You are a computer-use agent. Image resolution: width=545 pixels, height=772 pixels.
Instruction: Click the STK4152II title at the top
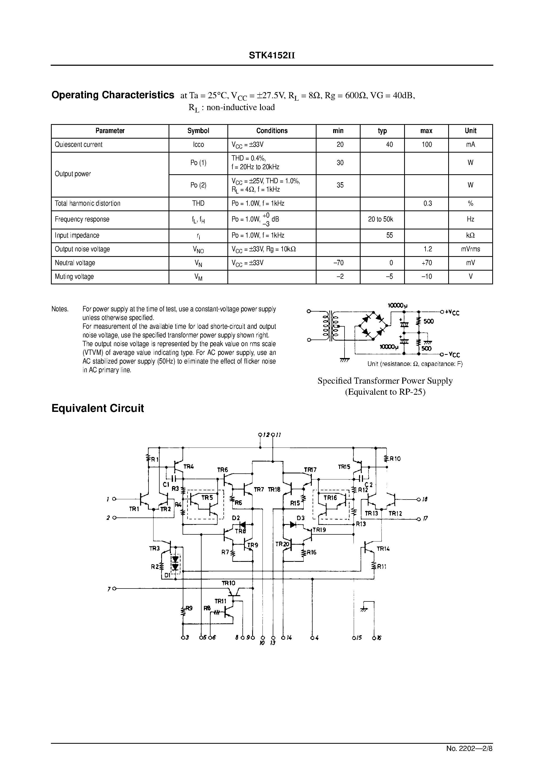point(271,55)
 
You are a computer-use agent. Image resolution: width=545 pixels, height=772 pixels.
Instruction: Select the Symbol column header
point(198,131)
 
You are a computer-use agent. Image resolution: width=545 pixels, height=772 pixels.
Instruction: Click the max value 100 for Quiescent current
point(427,145)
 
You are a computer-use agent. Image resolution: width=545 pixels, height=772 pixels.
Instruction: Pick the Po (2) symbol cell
point(198,185)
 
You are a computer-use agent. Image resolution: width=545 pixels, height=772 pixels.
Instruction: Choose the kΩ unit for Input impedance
point(470,235)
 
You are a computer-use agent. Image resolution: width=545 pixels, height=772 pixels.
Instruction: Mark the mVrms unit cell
point(470,249)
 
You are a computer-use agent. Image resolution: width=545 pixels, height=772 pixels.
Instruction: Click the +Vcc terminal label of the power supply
point(452,312)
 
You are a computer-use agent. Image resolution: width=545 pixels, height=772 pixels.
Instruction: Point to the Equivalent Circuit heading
point(97,408)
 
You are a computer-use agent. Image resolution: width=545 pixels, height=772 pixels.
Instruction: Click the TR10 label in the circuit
point(228,583)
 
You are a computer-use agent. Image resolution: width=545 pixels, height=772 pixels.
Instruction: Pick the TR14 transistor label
point(383,549)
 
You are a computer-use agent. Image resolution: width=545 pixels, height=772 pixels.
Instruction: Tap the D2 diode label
point(236,518)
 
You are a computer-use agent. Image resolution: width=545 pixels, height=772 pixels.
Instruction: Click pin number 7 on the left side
point(109,589)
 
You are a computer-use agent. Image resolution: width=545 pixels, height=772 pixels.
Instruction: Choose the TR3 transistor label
point(154,548)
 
